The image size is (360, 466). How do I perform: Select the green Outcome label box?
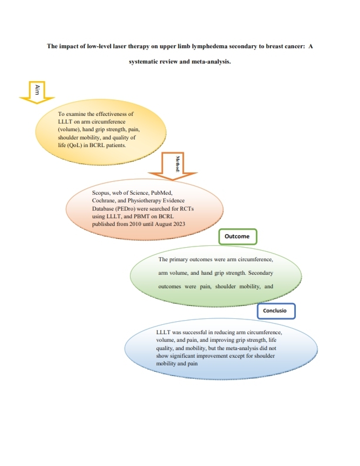tap(238, 237)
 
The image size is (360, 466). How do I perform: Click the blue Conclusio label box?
tap(276, 311)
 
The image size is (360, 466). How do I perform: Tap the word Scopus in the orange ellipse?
tap(101, 193)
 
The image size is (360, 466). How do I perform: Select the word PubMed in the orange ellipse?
tap(162, 192)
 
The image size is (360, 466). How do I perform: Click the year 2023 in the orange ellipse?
tap(179, 224)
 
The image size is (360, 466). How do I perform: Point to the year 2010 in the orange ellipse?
tap(135, 224)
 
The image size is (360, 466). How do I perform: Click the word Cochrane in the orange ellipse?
tap(104, 201)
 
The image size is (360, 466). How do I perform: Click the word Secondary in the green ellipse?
tap(261, 273)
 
